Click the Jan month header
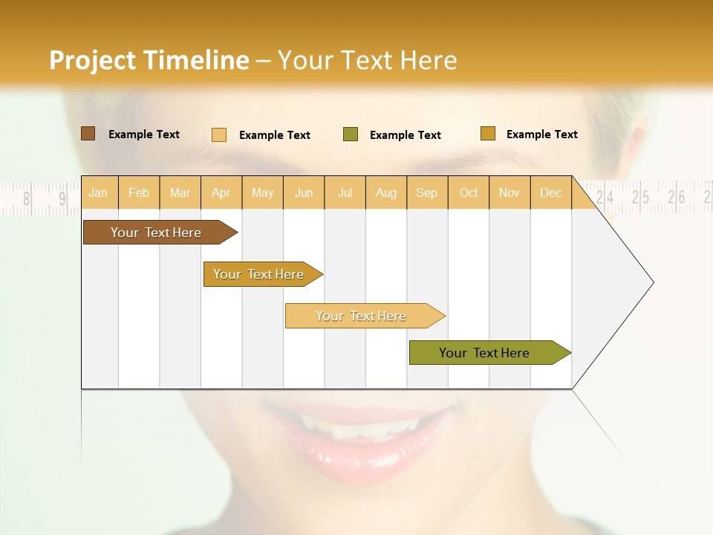click(x=98, y=192)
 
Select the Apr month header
click(x=221, y=192)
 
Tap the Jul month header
click(x=345, y=192)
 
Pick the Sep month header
click(x=426, y=192)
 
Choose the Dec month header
click(x=550, y=192)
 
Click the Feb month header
click(x=139, y=192)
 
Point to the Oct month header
click(x=469, y=192)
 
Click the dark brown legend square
click(x=88, y=134)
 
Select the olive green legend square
click(x=351, y=134)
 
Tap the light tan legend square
click(x=219, y=134)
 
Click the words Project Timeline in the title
click(x=149, y=60)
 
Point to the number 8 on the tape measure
click(x=27, y=198)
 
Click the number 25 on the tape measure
click(x=640, y=197)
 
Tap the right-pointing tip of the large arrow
click(x=651, y=282)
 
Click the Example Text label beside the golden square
click(x=541, y=134)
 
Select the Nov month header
click(x=509, y=192)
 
